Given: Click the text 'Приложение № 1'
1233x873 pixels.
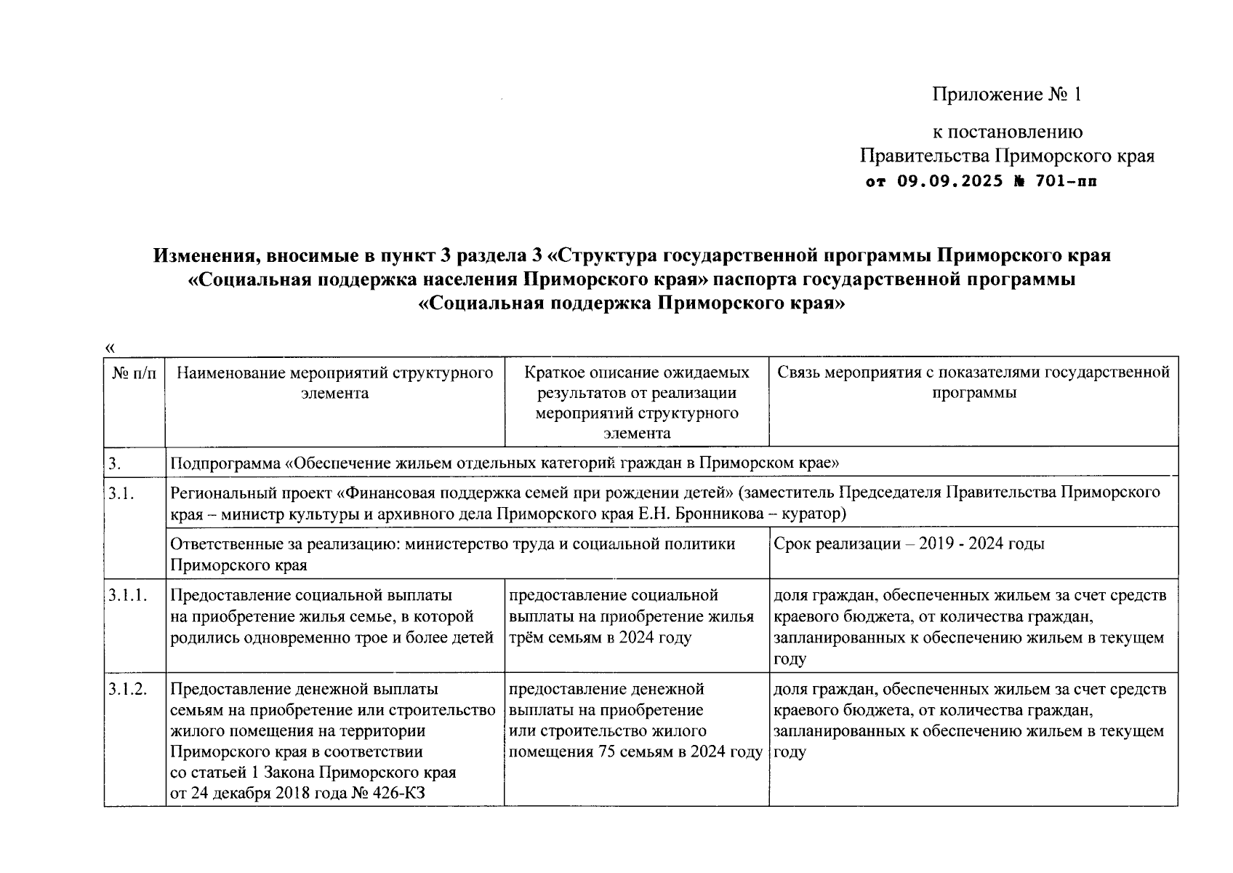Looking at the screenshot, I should click(x=1007, y=95).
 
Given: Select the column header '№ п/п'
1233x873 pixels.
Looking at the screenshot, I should click(x=134, y=373).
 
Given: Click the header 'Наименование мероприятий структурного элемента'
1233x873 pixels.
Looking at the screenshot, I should click(x=335, y=383).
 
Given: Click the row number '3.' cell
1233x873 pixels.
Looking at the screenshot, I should click(x=114, y=463).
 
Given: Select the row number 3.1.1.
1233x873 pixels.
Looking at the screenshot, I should click(x=128, y=595).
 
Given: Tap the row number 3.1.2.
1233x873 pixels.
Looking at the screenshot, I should click(x=128, y=689).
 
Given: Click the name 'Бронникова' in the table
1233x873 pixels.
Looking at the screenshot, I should click(x=719, y=514).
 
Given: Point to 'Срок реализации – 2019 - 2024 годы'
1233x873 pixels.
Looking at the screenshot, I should click(x=909, y=544).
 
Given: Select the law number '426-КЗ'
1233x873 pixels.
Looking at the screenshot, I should click(x=399, y=793).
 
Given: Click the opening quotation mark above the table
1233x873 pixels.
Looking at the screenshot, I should click(x=111, y=348).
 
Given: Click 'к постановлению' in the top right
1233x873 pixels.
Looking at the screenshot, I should click(x=1007, y=132).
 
